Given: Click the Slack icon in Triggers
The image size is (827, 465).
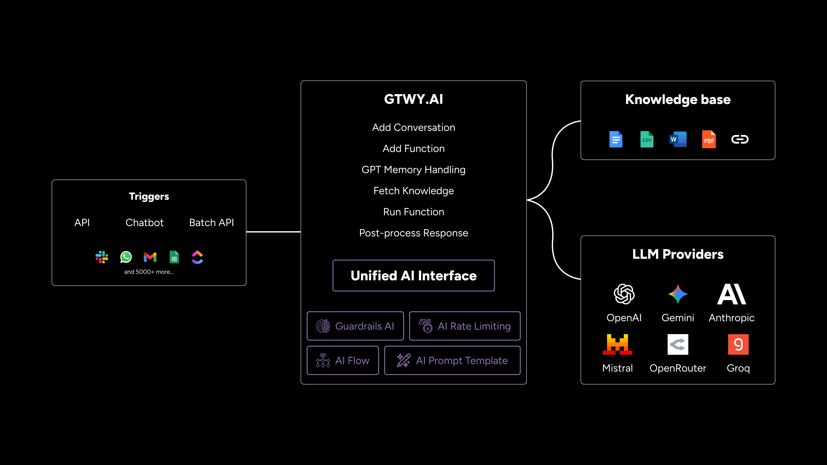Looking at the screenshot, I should coord(102,257).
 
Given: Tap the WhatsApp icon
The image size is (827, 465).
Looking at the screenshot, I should coord(126,257).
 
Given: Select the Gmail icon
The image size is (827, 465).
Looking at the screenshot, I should coord(150,257).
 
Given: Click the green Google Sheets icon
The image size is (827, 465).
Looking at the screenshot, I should coord(174,257).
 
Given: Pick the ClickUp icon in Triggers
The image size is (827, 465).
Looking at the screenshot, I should coord(197,257).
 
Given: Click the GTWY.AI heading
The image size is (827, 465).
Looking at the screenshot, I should coord(413,99).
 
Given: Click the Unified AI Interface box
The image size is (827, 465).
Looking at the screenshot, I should coord(413,276).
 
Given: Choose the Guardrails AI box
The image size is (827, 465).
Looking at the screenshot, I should coord(355,326).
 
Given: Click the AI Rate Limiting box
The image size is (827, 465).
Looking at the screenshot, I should coord(465,326).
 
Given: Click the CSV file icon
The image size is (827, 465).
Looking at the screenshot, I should coord(647,139).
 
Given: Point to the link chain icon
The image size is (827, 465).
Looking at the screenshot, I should coord(740,139).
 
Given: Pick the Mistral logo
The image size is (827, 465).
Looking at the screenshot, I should coord(617,344).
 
